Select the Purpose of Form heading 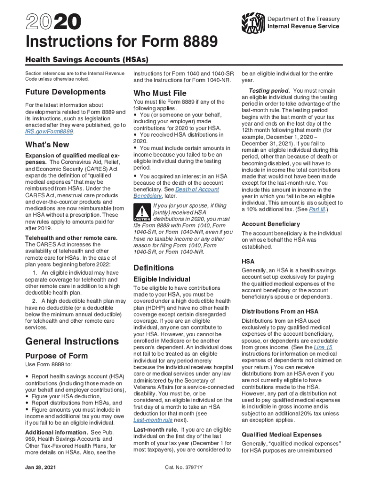click(56, 356)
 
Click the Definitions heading click(153, 268)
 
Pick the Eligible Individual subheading click(162, 279)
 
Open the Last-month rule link click(152, 420)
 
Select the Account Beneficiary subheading click(271, 224)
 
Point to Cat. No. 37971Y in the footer click(184, 467)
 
